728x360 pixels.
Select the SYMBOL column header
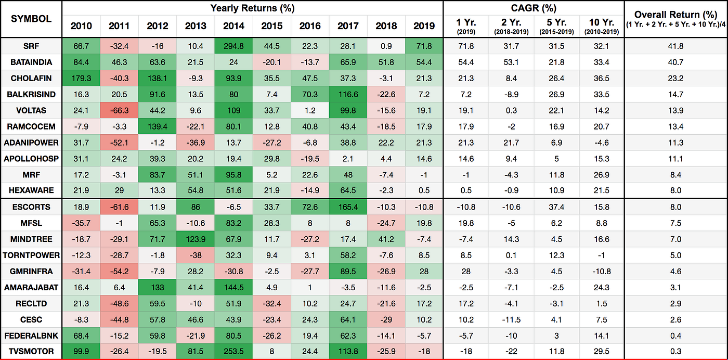pyautogui.click(x=31, y=19)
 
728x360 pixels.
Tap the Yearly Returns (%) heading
pyautogui.click(x=252, y=8)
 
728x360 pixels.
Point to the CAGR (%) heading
pyautogui.click(x=533, y=8)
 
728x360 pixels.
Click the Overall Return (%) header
pyautogui.click(x=676, y=15)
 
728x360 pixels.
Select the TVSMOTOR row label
pyautogui.click(x=31, y=352)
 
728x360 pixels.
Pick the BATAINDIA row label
pyautogui.click(x=31, y=62)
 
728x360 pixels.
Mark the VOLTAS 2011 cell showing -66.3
pyautogui.click(x=119, y=111)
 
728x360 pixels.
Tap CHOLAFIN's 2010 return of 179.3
pyautogui.click(x=81, y=79)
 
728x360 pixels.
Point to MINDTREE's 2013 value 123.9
pyautogui.click(x=195, y=239)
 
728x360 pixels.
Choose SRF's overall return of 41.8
pyautogui.click(x=676, y=46)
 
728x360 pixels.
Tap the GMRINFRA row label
pyautogui.click(x=31, y=271)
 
